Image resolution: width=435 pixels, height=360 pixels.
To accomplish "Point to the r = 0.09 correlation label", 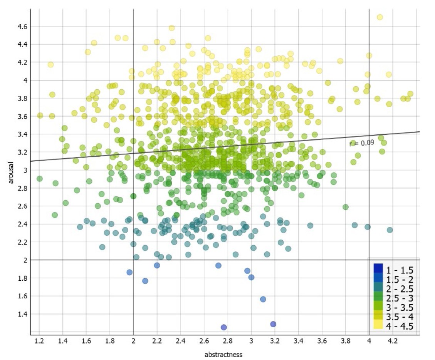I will tap(362, 143).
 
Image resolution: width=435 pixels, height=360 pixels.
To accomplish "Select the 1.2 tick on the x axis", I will tap(39, 341).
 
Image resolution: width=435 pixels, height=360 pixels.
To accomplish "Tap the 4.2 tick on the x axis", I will tap(393, 341).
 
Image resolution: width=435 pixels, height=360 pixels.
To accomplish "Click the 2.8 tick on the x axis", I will tap(228, 341).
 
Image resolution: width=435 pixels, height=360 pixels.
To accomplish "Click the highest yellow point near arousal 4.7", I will tap(380, 17).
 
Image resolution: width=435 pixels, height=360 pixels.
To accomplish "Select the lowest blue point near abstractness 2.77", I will tap(224, 327).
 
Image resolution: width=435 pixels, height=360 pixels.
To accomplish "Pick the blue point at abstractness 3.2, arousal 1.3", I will tap(273, 324).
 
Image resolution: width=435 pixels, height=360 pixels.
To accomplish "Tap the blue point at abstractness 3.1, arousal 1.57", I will tap(263, 299).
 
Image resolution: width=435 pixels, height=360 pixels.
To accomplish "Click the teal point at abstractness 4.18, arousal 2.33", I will tap(390, 230).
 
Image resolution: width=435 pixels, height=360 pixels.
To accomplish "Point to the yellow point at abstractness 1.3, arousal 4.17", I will tap(50, 64).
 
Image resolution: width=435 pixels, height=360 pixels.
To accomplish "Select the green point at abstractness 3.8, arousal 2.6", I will tap(346, 207).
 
